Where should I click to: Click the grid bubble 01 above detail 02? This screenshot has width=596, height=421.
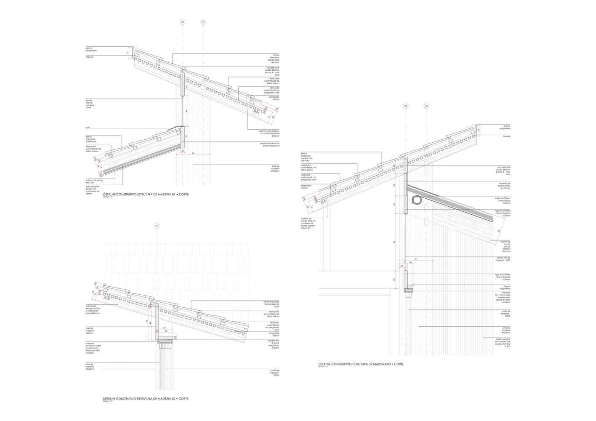pyautogui.click(x=157, y=226)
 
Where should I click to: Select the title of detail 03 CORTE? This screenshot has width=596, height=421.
pyautogui.click(x=361, y=364)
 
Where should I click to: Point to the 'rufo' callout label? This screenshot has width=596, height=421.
pyautogui.click(x=88, y=128)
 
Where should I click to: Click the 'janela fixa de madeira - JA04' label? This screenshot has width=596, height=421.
pyautogui.click(x=89, y=104)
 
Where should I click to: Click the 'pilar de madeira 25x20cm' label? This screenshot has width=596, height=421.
pyautogui.click(x=90, y=367)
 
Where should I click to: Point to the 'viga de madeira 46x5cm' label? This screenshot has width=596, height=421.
pyautogui.click(x=90, y=330)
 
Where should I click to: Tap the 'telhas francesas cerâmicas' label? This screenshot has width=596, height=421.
pyautogui.click(x=91, y=139)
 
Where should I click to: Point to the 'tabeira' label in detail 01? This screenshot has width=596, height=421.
pyautogui.click(x=90, y=57)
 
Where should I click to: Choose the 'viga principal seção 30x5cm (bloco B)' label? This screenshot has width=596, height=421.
pyautogui.click(x=269, y=144)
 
